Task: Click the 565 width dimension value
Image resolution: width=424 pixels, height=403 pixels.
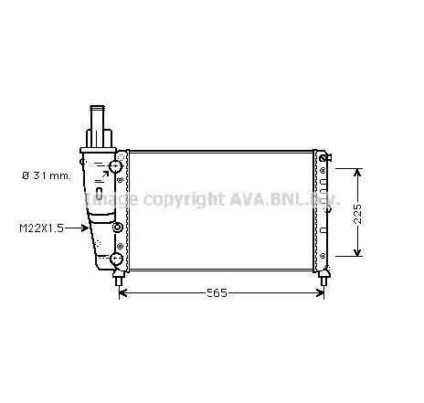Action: tap(216, 292)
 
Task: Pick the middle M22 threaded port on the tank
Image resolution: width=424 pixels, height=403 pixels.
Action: tap(117, 228)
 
